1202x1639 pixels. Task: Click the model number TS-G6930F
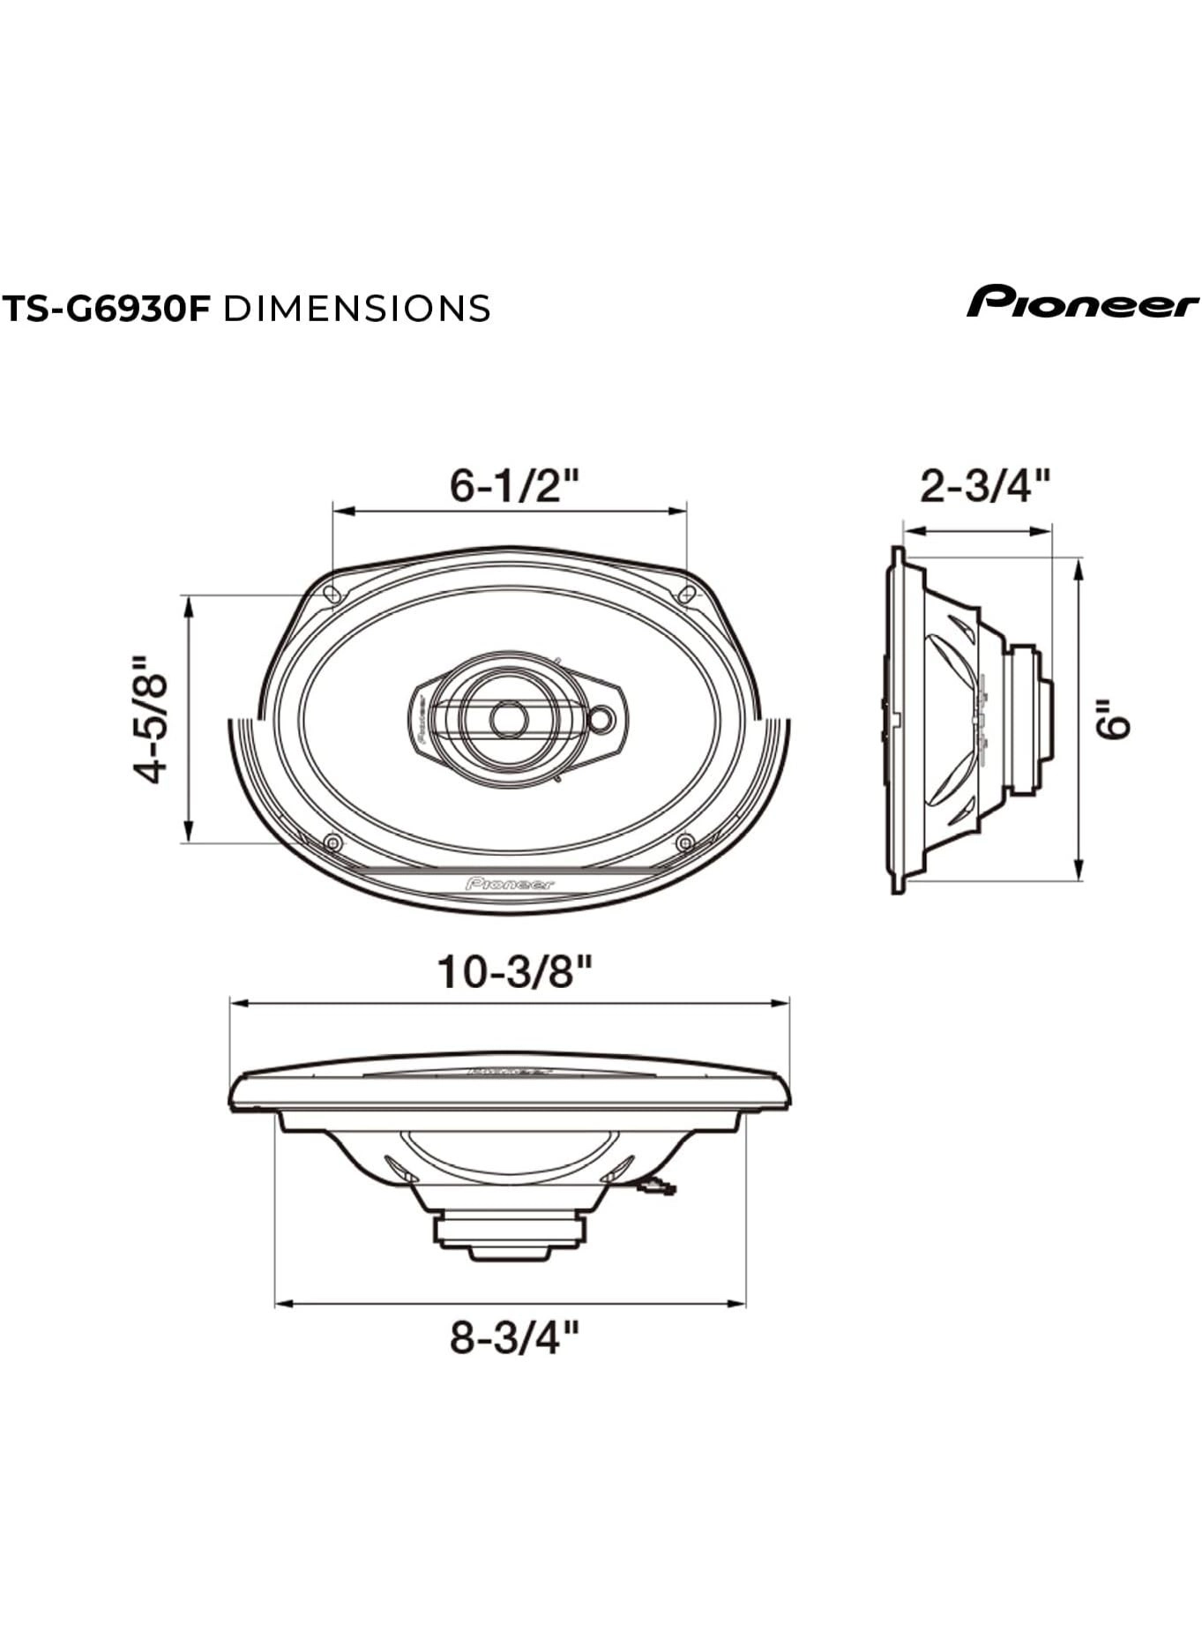click(108, 309)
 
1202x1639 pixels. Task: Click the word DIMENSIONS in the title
click(357, 309)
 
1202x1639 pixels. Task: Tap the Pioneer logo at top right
click(1082, 303)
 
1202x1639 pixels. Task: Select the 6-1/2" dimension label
click(515, 484)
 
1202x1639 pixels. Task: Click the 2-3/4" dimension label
click(985, 486)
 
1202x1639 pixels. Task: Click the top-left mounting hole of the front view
click(332, 594)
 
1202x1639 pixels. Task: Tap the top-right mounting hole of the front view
click(687, 594)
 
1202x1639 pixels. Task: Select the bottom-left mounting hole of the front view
click(332, 842)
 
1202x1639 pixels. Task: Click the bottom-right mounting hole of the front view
click(684, 842)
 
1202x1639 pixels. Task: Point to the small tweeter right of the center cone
click(601, 719)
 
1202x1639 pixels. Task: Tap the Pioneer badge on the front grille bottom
click(510, 884)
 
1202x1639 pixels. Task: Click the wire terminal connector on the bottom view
click(658, 1187)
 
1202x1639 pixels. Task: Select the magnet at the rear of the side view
click(1028, 719)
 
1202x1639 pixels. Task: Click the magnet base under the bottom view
click(510, 1235)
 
